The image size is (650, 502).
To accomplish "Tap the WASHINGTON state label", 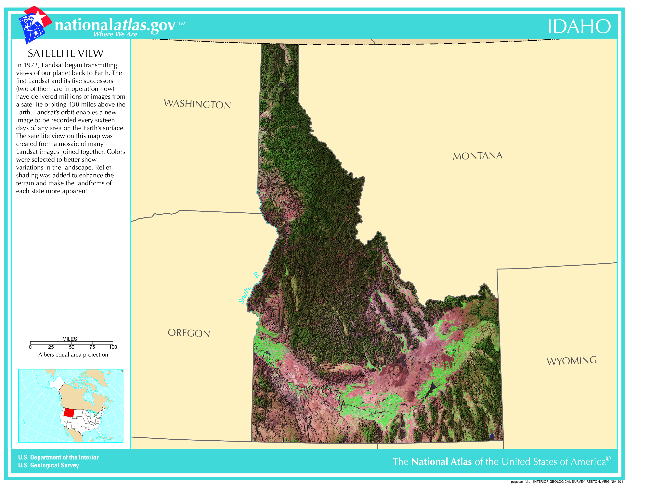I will tap(197, 104).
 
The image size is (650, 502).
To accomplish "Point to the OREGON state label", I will tap(189, 333).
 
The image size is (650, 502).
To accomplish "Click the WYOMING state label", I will tap(571, 361).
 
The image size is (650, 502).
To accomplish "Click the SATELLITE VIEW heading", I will tap(65, 54).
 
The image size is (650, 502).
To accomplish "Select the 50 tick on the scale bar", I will tap(71, 347).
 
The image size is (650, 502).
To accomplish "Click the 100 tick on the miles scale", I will tap(113, 347).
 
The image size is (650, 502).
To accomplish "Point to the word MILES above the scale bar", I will tap(70, 339).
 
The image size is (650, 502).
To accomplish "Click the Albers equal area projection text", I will tap(73, 355).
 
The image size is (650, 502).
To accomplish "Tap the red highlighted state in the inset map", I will tap(69, 412).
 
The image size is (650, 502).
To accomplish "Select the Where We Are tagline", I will tap(115, 34).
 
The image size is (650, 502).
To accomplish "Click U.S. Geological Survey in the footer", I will tap(48, 465).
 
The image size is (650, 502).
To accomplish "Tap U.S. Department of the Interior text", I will tap(58, 457).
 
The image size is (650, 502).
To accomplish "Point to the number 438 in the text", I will tap(74, 104).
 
